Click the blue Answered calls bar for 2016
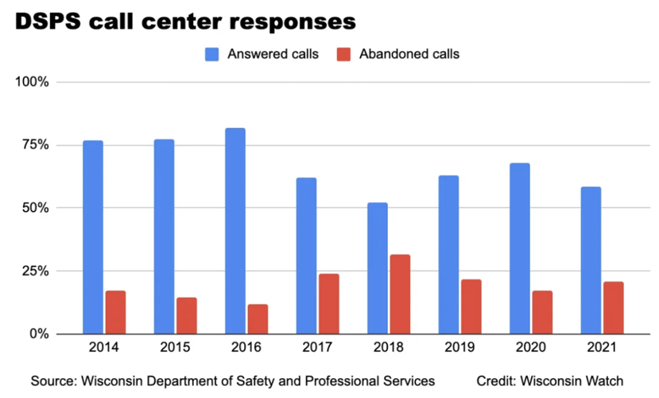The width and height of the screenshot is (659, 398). pyautogui.click(x=235, y=231)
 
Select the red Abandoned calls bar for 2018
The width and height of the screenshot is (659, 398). pyautogui.click(x=400, y=294)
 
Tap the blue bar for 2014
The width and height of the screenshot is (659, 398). pyautogui.click(x=93, y=237)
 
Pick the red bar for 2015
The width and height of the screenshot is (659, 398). pyautogui.click(x=187, y=315)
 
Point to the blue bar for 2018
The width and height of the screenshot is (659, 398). pyautogui.click(x=378, y=268)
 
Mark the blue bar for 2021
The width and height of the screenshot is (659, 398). pyautogui.click(x=591, y=260)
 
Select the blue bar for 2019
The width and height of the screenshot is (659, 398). pyautogui.click(x=448, y=255)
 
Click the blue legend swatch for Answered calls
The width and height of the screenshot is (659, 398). pyautogui.click(x=213, y=54)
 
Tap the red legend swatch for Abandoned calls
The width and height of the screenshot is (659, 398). pyautogui.click(x=343, y=54)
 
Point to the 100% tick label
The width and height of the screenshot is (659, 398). pyautogui.click(x=32, y=82)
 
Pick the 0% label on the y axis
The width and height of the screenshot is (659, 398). pyautogui.click(x=38, y=334)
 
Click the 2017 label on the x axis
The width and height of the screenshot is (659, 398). pyautogui.click(x=317, y=348)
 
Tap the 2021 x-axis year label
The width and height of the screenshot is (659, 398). pyautogui.click(x=602, y=348)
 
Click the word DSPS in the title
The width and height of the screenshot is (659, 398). pyautogui.click(x=47, y=18)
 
